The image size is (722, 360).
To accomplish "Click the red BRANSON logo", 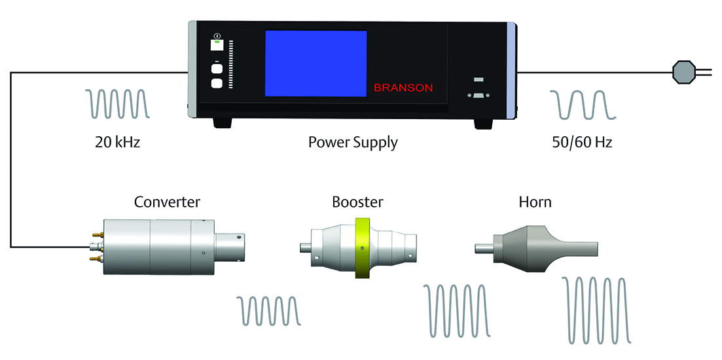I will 403,87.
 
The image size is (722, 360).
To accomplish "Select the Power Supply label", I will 353,142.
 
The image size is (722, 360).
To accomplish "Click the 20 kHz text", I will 117,142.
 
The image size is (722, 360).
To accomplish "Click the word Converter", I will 167,202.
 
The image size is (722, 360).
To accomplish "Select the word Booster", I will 357,202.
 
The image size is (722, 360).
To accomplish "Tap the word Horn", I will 535,202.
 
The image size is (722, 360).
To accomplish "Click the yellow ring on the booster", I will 362,247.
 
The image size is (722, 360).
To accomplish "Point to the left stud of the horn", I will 482,247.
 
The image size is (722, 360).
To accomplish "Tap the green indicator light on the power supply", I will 217,43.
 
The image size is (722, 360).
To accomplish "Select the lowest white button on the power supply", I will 217,83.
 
